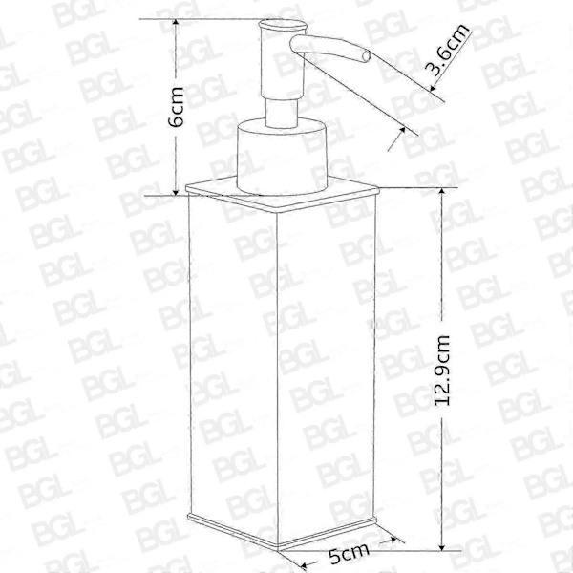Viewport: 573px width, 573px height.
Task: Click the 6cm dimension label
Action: click(177, 106)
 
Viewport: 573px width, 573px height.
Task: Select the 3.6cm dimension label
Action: click(449, 50)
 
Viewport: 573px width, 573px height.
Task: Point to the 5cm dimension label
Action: click(349, 553)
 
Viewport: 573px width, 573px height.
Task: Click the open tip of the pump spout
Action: click(366, 56)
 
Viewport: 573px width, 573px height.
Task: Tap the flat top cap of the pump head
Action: click(282, 25)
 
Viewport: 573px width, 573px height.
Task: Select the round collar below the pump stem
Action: click(282, 156)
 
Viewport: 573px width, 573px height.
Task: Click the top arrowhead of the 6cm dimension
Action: click(176, 23)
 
